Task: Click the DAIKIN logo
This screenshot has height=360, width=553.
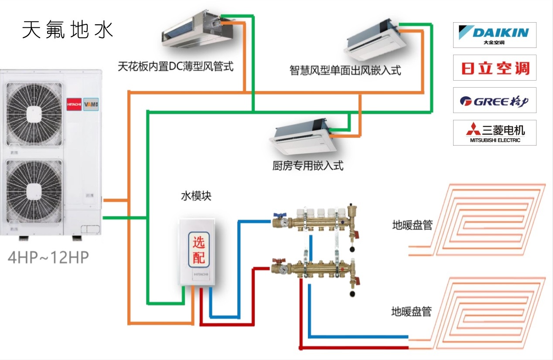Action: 494,34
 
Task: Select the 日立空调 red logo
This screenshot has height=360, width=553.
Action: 495,68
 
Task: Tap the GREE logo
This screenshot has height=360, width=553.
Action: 494,101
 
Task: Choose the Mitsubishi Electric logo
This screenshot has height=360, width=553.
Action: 495,132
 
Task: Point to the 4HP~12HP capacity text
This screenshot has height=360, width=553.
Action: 48,258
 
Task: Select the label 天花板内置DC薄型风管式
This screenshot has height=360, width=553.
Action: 175,67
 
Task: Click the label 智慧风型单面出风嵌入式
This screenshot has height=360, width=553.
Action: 345,70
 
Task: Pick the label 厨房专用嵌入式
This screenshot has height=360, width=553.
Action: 307,166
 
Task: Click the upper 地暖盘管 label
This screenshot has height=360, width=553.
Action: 412,225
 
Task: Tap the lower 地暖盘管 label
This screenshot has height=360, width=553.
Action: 411,312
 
